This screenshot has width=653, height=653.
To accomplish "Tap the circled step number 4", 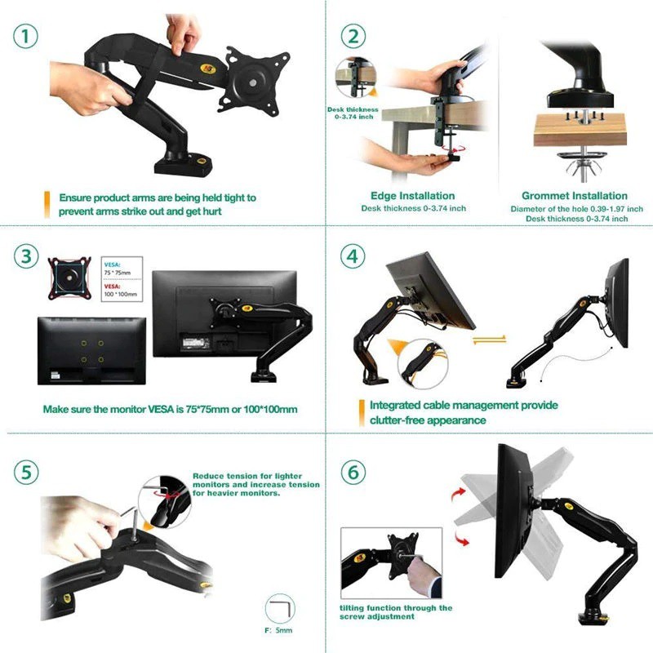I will tap(353, 255).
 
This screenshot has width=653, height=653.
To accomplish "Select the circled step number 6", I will tap(353, 473).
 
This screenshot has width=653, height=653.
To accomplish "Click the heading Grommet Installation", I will tap(575, 196).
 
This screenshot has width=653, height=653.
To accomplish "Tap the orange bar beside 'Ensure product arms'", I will tap(47, 203).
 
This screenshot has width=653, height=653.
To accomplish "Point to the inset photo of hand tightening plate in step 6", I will tap(392, 563).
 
